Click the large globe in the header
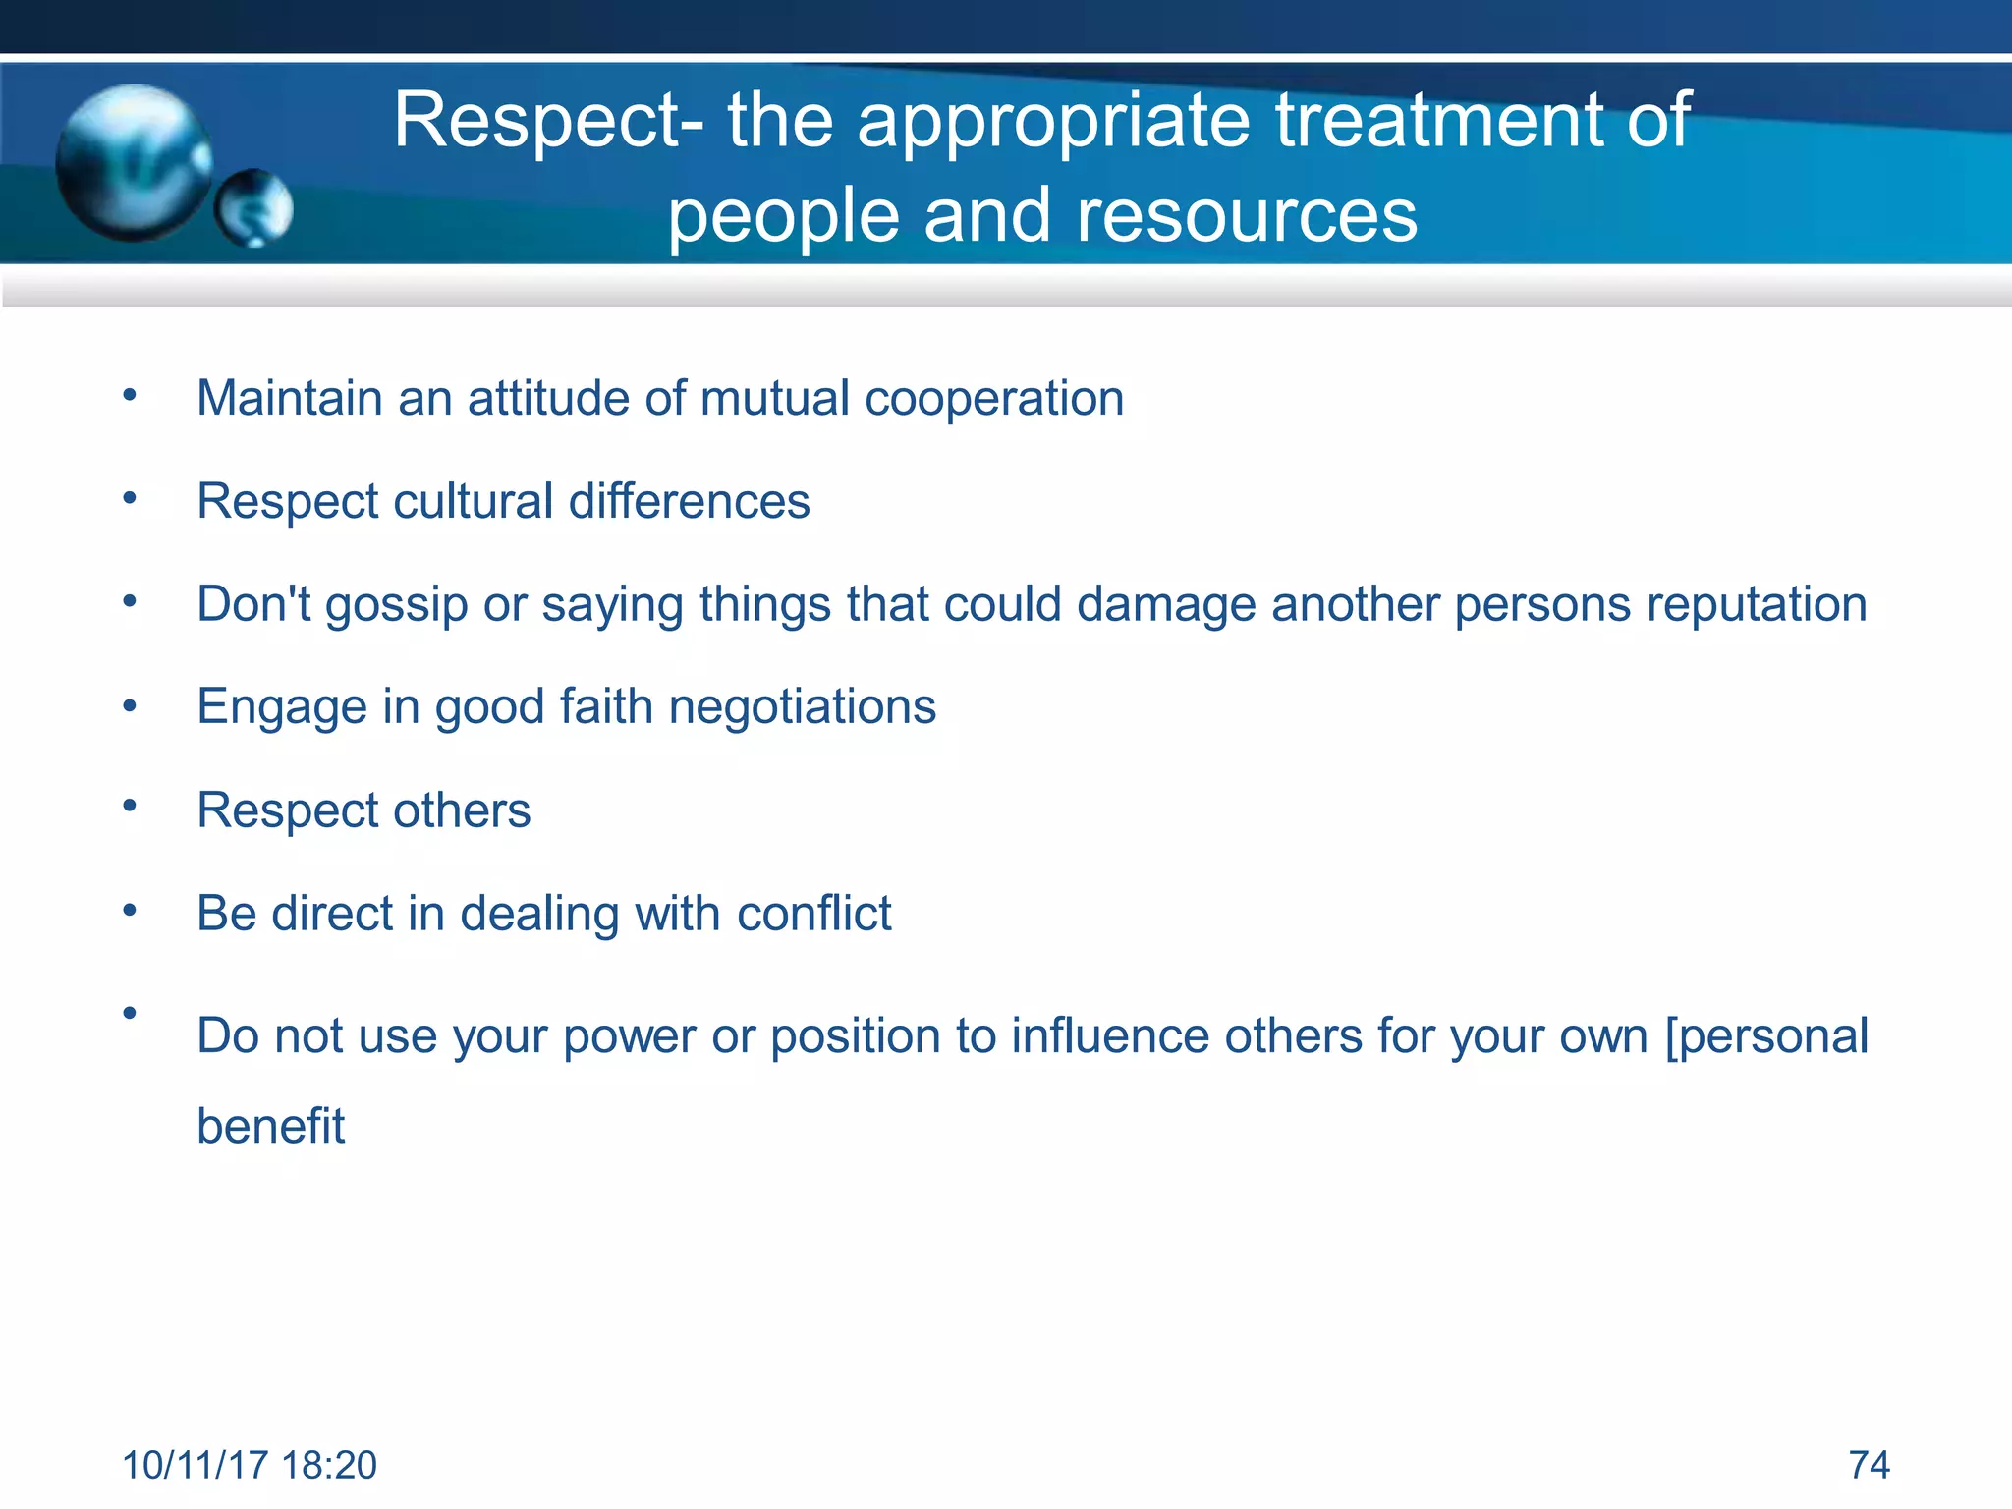coord(133,162)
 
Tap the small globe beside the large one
coord(254,208)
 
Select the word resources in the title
coord(1247,215)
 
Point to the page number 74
coord(1869,1465)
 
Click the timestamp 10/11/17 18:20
coord(250,1465)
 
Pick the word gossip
coord(397,605)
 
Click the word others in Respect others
coord(462,810)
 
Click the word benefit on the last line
coord(271,1126)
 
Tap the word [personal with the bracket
coord(1766,1036)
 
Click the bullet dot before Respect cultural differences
coord(130,498)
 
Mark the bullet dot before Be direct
coord(130,911)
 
